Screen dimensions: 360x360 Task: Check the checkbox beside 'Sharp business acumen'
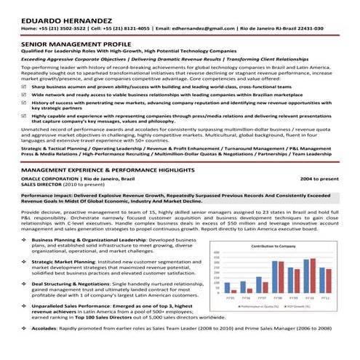(25, 87)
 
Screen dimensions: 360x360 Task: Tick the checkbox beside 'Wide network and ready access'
(25, 95)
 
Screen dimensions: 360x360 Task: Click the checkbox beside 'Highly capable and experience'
(25, 115)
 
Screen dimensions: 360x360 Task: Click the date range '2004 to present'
(321, 178)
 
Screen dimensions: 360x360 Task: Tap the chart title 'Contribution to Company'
(276, 247)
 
